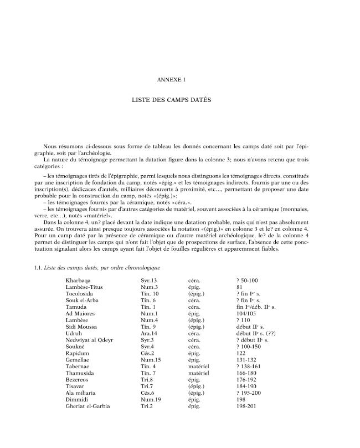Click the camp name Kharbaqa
tap(79, 281)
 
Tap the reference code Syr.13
tap(150, 281)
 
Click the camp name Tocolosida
tap(80, 294)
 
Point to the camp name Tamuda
tap(76, 307)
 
